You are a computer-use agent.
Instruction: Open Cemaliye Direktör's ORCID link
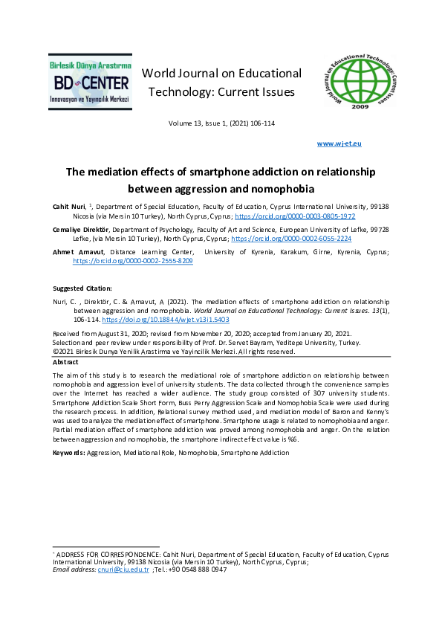click(291, 239)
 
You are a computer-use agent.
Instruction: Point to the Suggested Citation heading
click(82, 288)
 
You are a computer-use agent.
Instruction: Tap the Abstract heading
click(66, 361)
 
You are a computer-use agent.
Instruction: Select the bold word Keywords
click(68, 452)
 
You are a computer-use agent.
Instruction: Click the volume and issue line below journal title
click(221, 123)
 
